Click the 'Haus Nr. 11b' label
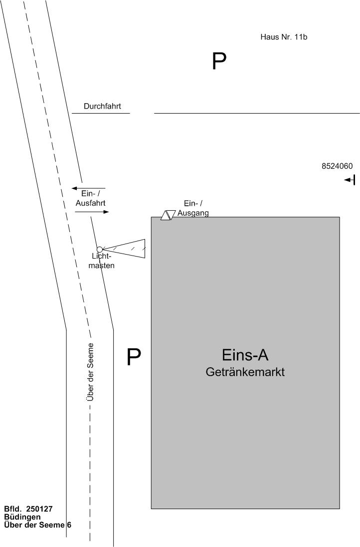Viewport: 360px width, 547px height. [280, 37]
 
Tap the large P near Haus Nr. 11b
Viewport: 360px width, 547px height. [219, 61]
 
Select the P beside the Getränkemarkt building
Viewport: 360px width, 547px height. [134, 357]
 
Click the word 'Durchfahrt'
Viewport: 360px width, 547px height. [102, 106]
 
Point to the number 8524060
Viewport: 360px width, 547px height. [337, 166]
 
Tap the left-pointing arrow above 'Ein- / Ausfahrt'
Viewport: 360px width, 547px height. [88, 188]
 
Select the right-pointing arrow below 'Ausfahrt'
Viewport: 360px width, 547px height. [92, 212]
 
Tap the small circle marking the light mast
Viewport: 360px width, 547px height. [100, 249]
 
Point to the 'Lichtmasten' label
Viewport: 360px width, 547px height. [103, 261]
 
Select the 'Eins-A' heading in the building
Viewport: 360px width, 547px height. [245, 355]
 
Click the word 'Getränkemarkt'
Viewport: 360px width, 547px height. [245, 372]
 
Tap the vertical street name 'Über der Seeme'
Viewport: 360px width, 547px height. [90, 372]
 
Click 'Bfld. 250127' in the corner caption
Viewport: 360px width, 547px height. [28, 509]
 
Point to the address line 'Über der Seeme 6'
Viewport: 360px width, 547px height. [37, 525]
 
